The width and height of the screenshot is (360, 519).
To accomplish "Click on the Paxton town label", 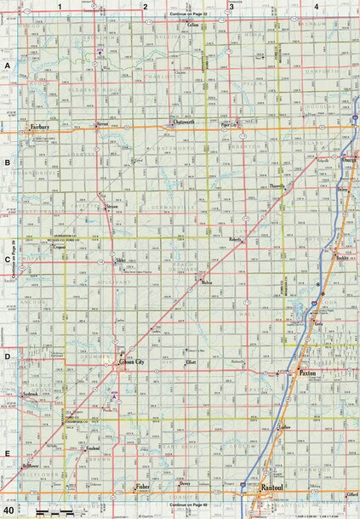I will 307,374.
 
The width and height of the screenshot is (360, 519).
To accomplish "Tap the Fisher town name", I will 143,487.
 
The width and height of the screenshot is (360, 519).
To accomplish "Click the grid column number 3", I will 231,7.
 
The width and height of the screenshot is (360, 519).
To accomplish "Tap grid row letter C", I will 7,260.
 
